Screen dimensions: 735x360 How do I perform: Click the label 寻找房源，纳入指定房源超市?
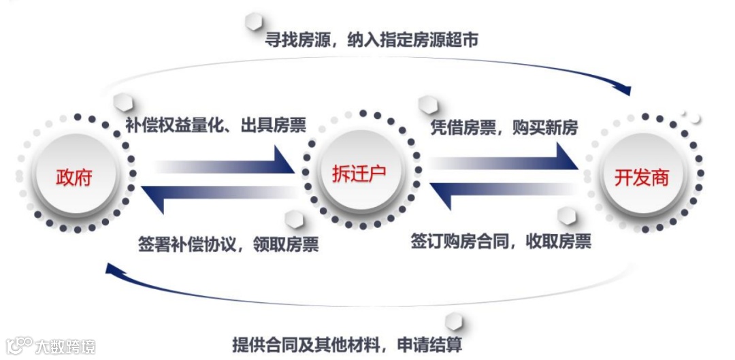[372, 40]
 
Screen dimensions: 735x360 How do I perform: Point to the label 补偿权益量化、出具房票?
[215, 125]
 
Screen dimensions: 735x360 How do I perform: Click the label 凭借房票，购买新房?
[504, 127]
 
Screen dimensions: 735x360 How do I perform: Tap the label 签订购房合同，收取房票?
[500, 241]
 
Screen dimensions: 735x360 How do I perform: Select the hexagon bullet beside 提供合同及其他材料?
[452, 320]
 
